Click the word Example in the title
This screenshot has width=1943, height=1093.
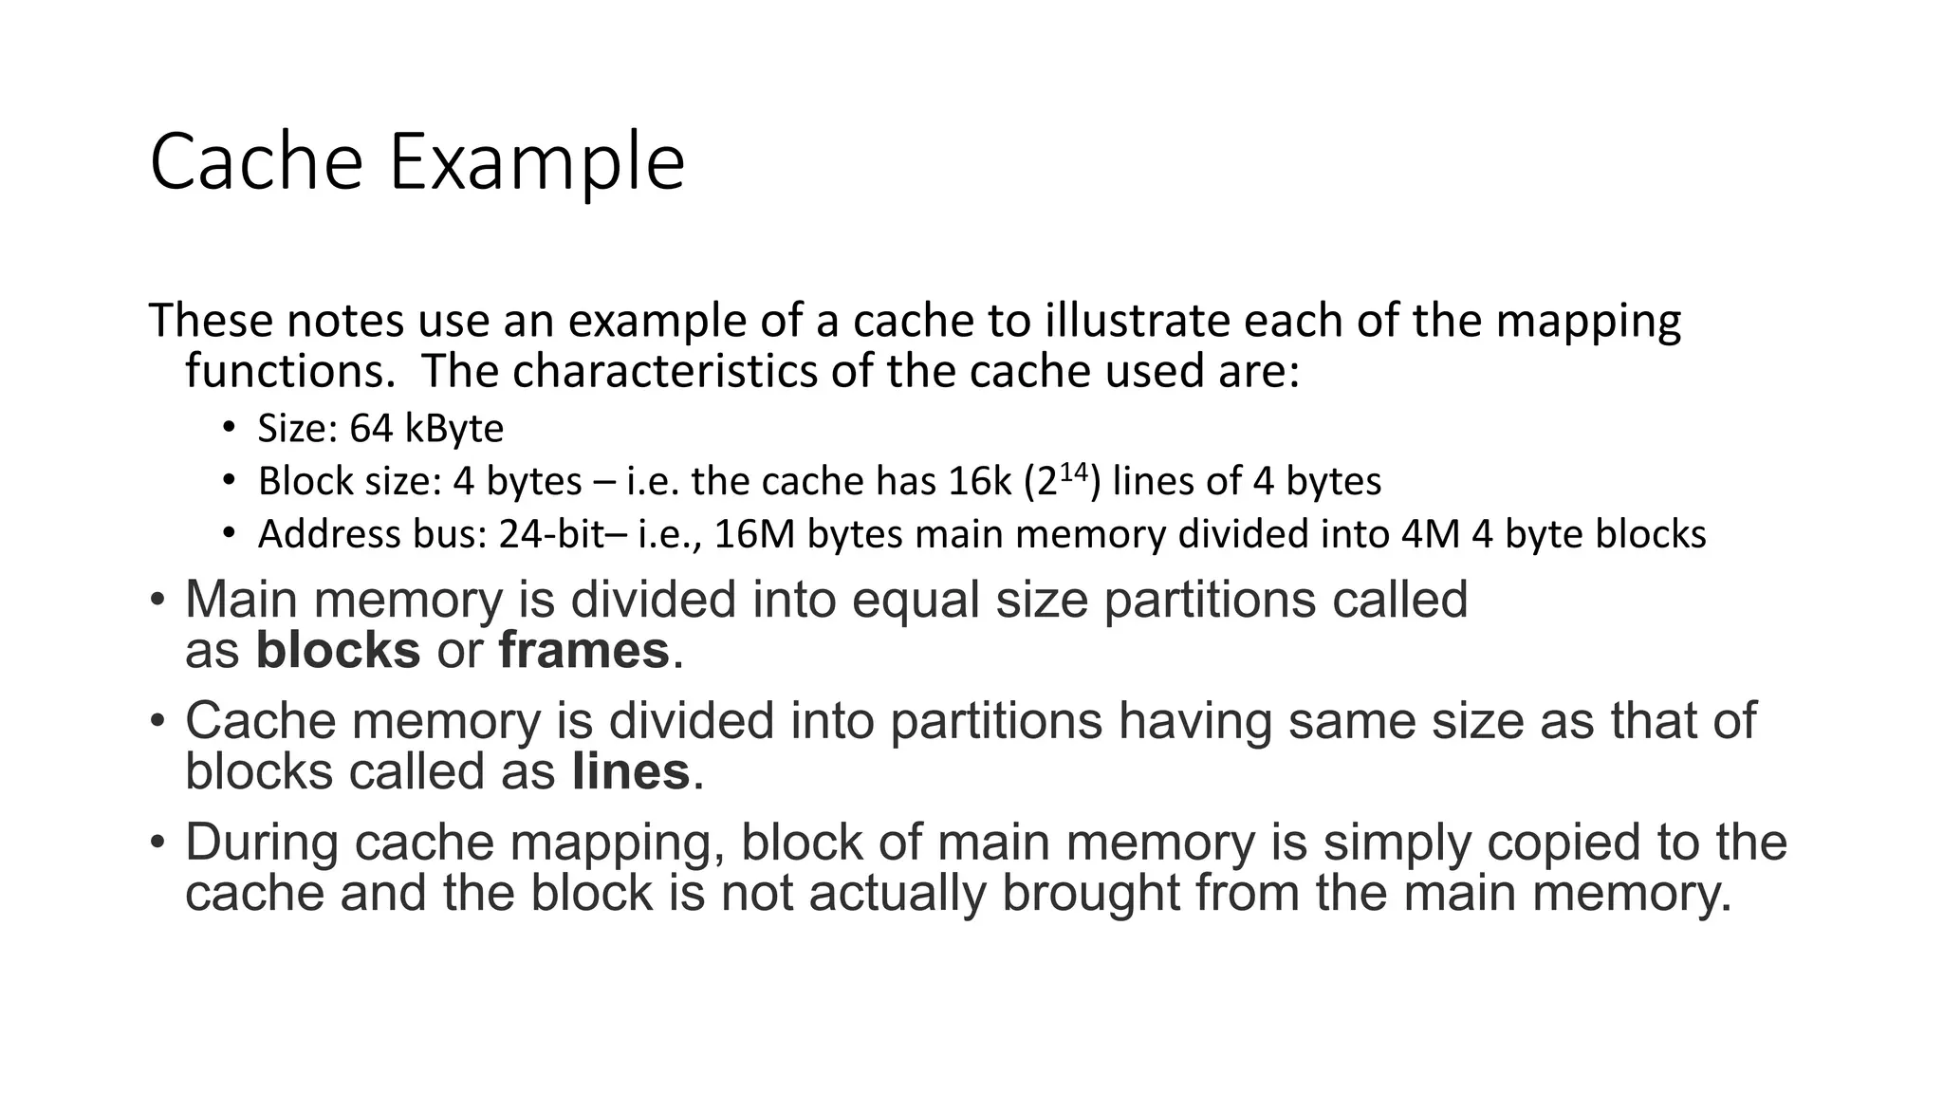coord(536,163)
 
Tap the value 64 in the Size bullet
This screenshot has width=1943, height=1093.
coord(371,429)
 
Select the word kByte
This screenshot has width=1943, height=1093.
coord(453,430)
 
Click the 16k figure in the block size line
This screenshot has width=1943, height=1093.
coord(980,482)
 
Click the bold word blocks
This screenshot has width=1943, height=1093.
coord(338,651)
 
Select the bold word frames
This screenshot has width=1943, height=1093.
coord(583,651)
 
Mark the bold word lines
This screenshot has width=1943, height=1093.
coord(631,771)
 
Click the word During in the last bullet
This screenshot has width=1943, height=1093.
coord(262,843)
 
